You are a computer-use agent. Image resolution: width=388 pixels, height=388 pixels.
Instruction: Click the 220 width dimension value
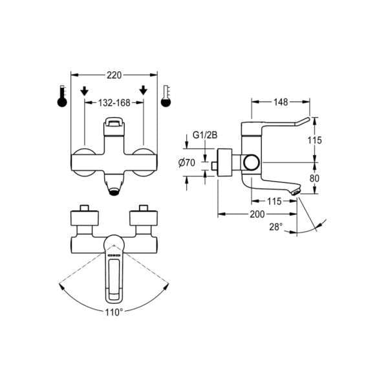click(114, 75)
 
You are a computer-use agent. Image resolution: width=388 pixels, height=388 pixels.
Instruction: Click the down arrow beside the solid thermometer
click(84, 92)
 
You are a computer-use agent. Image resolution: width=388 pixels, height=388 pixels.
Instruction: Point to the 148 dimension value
click(280, 102)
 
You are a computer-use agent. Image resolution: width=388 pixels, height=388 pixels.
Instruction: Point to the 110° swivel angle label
click(114, 312)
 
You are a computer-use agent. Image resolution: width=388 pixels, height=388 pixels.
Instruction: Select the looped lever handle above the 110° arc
click(114, 275)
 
